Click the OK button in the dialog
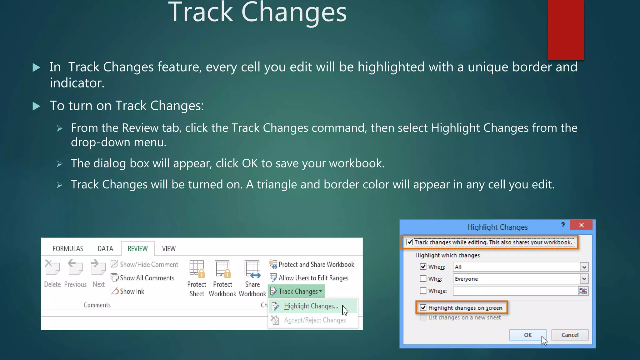click(527, 335)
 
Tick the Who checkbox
click(423, 278)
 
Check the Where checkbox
click(423, 291)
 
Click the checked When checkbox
click(423, 267)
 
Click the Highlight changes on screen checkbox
click(423, 308)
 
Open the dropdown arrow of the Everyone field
click(584, 279)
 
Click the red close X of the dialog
click(581, 225)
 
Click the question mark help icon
click(563, 225)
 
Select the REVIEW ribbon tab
click(137, 249)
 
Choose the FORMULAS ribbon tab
click(68, 249)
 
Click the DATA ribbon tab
click(105, 249)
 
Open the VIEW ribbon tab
click(169, 249)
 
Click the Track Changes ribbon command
click(297, 292)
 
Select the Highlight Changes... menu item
click(311, 306)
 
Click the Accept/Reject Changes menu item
click(314, 320)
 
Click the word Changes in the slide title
click(294, 12)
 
